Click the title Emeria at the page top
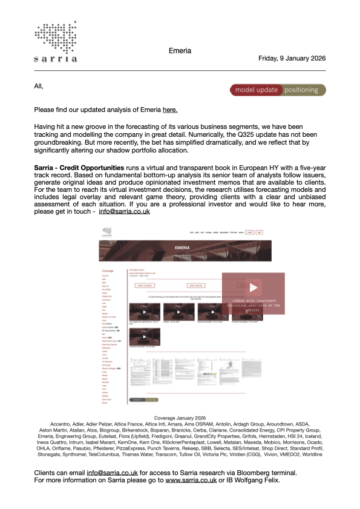(180, 51)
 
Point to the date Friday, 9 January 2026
(292, 59)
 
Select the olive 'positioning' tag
(301, 90)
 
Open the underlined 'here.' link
(170, 110)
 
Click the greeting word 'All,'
(39, 87)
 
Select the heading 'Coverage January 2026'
(180, 418)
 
